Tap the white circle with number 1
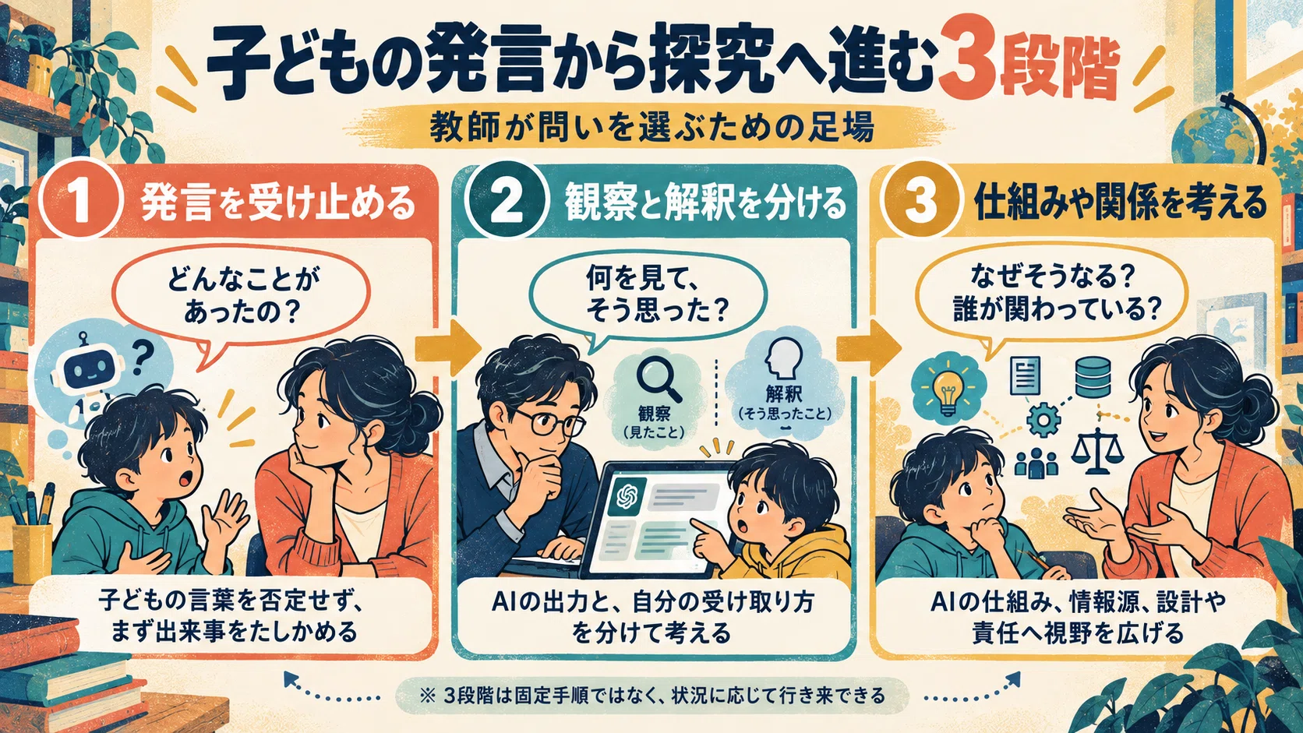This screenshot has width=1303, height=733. [x=80, y=200]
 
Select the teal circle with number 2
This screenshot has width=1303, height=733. [x=507, y=200]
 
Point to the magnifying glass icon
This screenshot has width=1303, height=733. [x=659, y=378]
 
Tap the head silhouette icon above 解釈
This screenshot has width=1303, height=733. [x=783, y=358]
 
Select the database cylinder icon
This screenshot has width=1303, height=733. [x=1093, y=378]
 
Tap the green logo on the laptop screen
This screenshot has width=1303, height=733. [x=627, y=496]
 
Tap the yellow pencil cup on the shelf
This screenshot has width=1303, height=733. [x=31, y=552]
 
